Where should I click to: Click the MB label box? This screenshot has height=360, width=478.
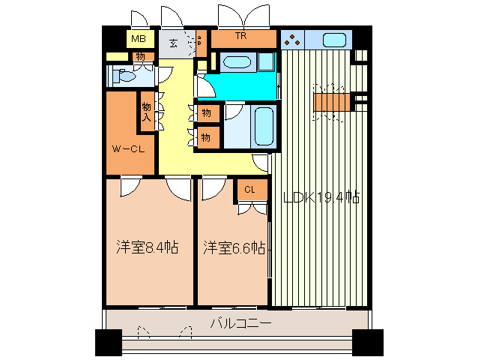tap(138, 39)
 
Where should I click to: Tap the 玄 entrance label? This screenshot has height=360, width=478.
tap(173, 43)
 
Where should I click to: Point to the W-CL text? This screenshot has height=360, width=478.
tap(128, 148)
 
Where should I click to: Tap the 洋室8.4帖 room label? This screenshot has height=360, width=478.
tap(147, 247)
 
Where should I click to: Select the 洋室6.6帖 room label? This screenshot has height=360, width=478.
tap(234, 247)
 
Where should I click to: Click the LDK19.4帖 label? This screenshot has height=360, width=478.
tap(321, 198)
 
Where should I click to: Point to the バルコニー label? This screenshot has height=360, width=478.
tap(240, 324)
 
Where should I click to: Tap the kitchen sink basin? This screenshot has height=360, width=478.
tap(334, 39)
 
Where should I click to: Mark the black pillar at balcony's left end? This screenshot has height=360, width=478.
tap(109, 342)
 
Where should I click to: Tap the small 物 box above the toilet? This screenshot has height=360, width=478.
tap(139, 56)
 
